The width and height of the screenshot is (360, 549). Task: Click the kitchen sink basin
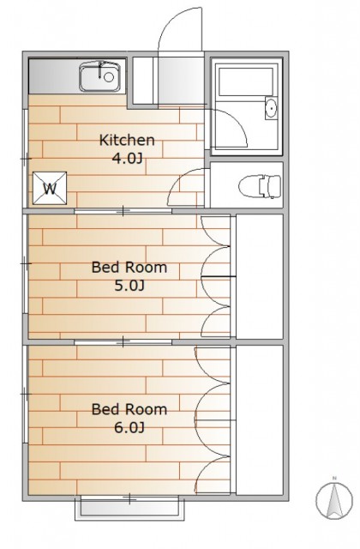[99, 77]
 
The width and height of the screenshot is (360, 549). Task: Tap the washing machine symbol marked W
[50, 189]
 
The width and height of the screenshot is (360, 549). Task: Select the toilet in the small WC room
[260, 187]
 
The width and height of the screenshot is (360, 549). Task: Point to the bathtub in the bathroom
[245, 81]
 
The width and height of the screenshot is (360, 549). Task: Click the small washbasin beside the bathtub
[271, 108]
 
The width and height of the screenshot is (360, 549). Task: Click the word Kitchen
[127, 140]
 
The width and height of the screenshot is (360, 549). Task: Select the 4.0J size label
[127, 159]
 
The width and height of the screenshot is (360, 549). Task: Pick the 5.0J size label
[129, 286]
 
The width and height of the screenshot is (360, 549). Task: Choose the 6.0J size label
[129, 427]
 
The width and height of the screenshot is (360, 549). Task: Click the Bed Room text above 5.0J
[129, 268]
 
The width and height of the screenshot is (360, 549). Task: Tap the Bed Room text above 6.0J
[129, 409]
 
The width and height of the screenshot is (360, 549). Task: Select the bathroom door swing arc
[237, 121]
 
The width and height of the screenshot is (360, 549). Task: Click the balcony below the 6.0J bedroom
[129, 508]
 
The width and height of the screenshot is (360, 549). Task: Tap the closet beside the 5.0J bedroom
[259, 276]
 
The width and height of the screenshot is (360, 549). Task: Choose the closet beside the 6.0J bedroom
[259, 419]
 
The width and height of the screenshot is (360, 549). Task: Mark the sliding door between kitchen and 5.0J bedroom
[123, 211]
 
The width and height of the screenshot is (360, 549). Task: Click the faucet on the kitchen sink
[101, 69]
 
